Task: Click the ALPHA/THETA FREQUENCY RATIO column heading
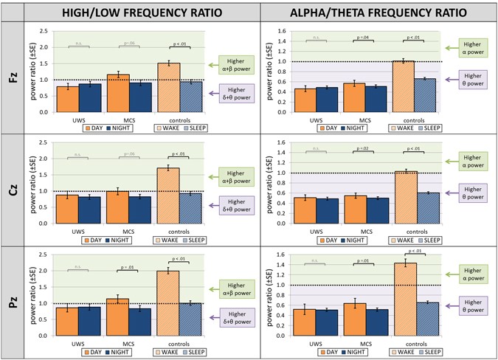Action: (x=378, y=12)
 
